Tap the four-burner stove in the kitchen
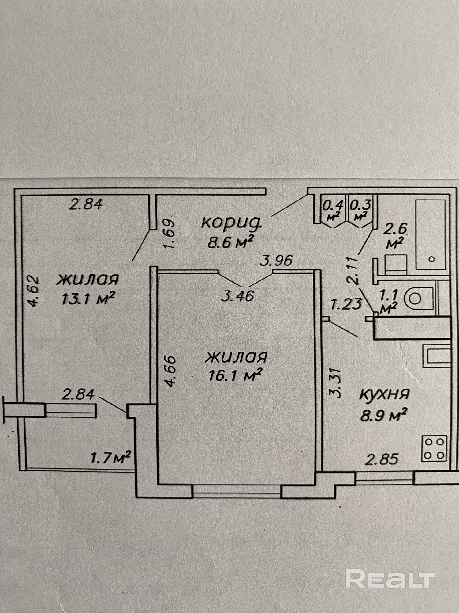tap(434, 448)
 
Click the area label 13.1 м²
tap(88, 298)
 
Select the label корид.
tap(231, 222)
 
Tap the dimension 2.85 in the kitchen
tap(382, 459)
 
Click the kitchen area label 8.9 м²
tap(384, 415)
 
